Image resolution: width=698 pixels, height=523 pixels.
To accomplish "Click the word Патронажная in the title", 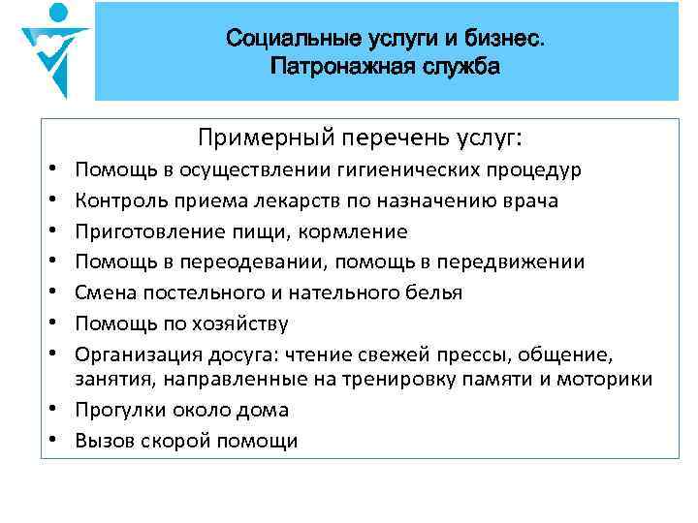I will coord(331,67).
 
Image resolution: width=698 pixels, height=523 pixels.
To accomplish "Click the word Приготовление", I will coord(145,231).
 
